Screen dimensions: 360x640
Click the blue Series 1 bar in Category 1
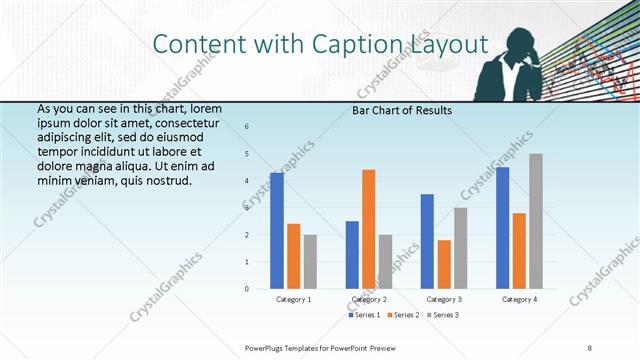[277, 231]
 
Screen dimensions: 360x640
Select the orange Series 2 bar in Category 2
[369, 229]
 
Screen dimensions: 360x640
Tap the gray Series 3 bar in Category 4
[536, 221]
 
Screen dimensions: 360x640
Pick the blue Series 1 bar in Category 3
[428, 241]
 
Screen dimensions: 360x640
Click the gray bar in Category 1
[310, 262]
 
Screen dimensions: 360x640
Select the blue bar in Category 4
[502, 228]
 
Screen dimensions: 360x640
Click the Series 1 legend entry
[364, 316]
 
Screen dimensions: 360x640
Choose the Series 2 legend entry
[404, 316]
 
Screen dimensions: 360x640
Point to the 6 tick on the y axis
[248, 127]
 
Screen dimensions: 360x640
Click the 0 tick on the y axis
[248, 289]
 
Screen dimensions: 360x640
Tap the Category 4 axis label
[519, 299]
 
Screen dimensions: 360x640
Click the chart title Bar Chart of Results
[402, 110]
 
